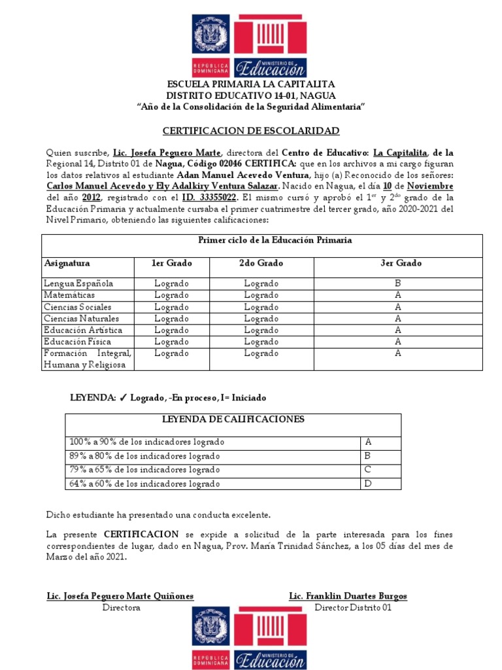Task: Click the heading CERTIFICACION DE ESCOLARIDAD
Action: (250, 130)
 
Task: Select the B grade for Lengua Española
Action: (397, 283)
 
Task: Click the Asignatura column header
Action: (67, 263)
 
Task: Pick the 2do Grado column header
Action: (261, 263)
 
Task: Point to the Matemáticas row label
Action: (69, 295)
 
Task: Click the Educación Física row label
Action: (77, 342)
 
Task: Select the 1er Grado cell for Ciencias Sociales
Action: (171, 307)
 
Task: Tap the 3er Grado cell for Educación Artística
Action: (397, 330)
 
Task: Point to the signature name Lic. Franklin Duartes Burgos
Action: (348, 596)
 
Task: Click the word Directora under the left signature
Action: (121, 608)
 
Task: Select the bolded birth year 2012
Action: (92, 197)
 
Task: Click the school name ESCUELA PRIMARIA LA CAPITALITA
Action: (251, 84)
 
